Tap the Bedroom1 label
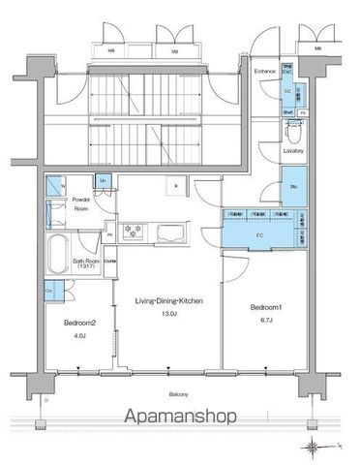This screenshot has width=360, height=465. click(265, 307)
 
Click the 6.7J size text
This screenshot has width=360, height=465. click(265, 320)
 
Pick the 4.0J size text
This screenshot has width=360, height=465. click(79, 336)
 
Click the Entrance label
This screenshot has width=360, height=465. click(265, 72)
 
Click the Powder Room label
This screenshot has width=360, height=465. click(83, 204)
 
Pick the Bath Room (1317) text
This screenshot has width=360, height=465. click(86, 264)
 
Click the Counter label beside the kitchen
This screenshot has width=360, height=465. click(110, 261)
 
